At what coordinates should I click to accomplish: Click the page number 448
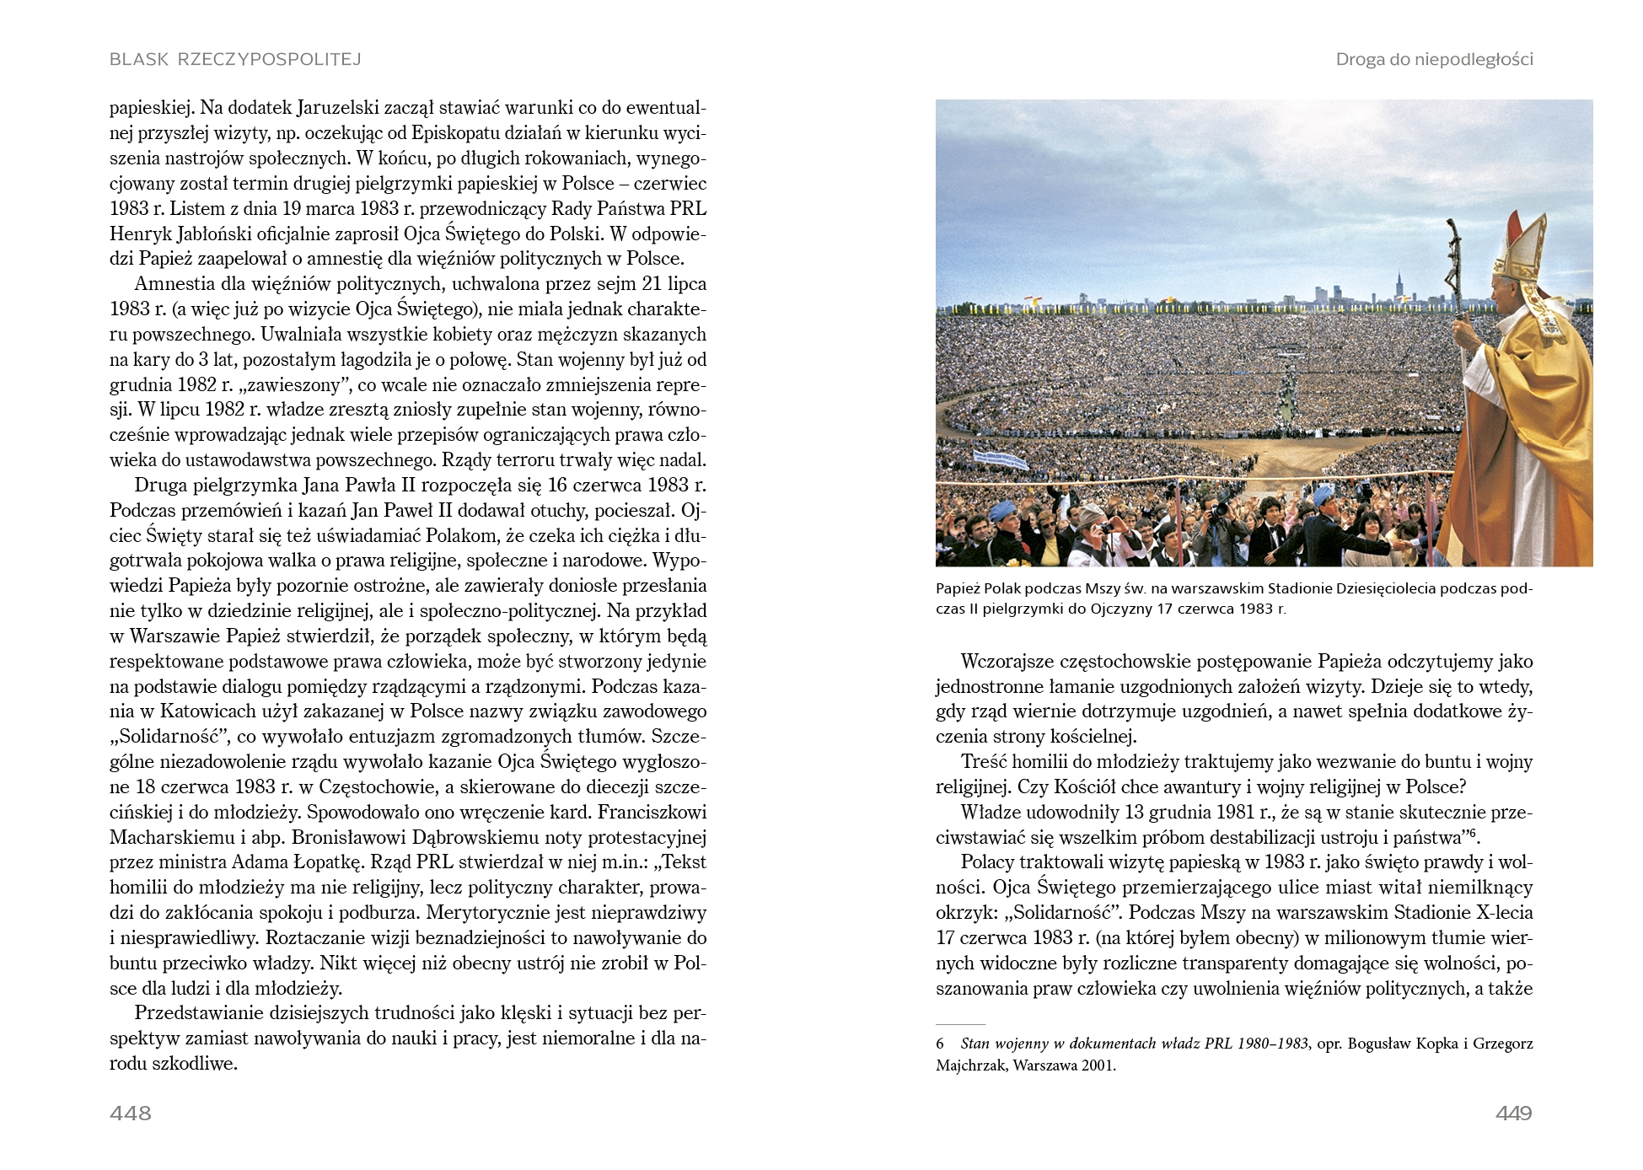(x=131, y=1114)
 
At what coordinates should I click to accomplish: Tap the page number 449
(x=1513, y=1114)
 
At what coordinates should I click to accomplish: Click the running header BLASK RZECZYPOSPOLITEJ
(x=235, y=59)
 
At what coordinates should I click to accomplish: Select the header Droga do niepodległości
(x=1434, y=59)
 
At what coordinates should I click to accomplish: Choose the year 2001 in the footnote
(x=1098, y=1065)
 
